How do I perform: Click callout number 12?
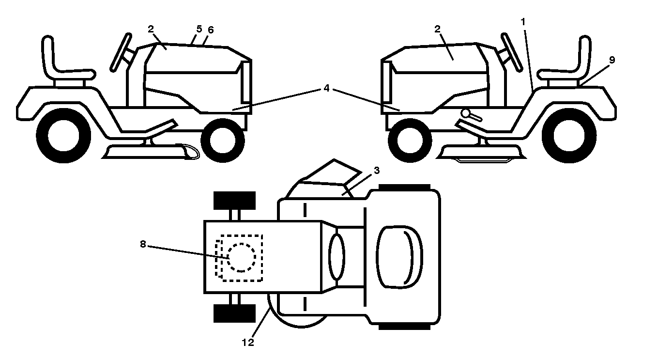click(247, 342)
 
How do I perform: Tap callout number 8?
click(143, 244)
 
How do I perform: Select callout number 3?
click(377, 170)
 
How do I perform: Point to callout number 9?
click(612, 60)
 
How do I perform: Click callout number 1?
click(522, 21)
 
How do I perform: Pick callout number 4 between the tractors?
click(326, 88)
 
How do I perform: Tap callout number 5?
click(199, 29)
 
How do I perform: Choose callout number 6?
click(211, 30)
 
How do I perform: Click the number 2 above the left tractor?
click(151, 29)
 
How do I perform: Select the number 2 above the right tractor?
click(437, 29)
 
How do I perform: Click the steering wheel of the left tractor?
click(121, 52)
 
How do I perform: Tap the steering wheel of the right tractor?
click(512, 52)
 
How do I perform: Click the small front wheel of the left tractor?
click(223, 140)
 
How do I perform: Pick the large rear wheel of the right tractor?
click(569, 136)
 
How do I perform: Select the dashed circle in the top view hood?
click(242, 257)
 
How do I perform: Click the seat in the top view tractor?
click(399, 257)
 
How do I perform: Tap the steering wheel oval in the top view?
click(337, 257)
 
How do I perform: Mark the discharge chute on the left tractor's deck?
click(190, 152)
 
